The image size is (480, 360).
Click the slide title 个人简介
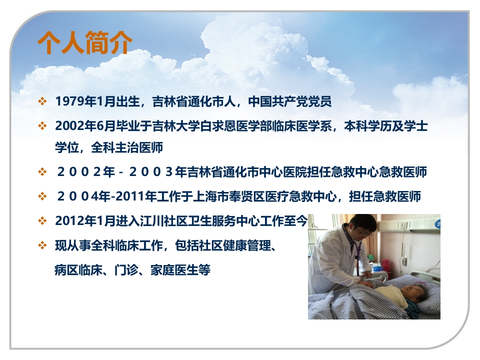click(x=85, y=43)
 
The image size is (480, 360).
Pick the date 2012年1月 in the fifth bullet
click(x=80, y=220)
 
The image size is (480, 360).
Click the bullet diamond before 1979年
click(x=42, y=101)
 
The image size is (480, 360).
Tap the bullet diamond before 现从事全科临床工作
click(x=42, y=245)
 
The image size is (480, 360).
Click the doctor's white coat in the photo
click(x=330, y=260)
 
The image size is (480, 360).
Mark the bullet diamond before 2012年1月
click(x=42, y=220)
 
